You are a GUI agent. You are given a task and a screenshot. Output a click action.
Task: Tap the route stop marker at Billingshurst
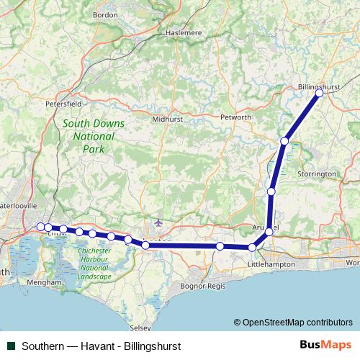(x=319, y=93)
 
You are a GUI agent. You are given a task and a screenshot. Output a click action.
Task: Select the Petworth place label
(x=236, y=117)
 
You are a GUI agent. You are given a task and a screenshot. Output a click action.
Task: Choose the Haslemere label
(x=181, y=32)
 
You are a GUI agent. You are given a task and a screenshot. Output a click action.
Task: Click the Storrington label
(x=318, y=174)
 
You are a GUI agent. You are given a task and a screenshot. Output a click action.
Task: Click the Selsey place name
(x=141, y=328)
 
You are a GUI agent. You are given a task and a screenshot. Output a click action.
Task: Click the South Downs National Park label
(x=93, y=136)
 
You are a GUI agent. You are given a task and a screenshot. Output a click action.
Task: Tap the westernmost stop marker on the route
(x=41, y=227)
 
